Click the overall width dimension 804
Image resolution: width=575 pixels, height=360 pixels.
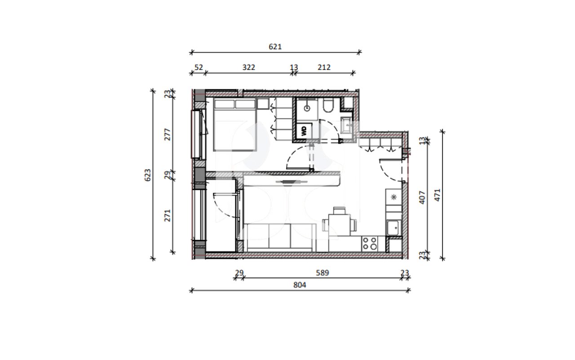coord(300,285)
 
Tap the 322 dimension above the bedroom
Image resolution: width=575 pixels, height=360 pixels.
coord(248,67)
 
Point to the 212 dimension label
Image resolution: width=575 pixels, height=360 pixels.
coord(324,67)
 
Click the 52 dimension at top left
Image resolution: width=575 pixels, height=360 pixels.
coord(198,67)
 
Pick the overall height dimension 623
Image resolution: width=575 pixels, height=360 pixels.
coord(148,175)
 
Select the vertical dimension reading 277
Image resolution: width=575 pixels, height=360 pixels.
coord(168,135)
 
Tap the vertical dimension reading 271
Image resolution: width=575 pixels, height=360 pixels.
coord(168,216)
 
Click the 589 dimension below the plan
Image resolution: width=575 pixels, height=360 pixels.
coord(322,272)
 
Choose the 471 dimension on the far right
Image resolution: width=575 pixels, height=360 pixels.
coord(438,194)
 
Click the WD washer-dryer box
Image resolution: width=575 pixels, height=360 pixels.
coord(304,131)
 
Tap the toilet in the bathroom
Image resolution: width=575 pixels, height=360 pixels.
coord(328,106)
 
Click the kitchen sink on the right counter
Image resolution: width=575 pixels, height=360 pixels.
coord(394,228)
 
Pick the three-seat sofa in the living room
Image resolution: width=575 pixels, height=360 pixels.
coord(279,237)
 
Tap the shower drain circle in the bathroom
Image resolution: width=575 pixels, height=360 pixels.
coord(307,108)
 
